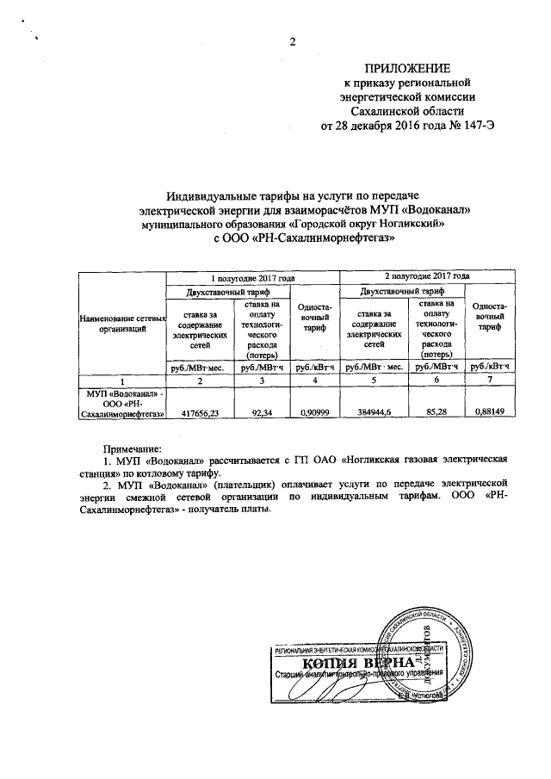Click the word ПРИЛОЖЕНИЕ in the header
point(408,68)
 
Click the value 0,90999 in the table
point(313,413)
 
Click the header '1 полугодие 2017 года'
point(255,277)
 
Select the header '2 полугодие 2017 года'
point(428,277)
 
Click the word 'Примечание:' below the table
point(133,449)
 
